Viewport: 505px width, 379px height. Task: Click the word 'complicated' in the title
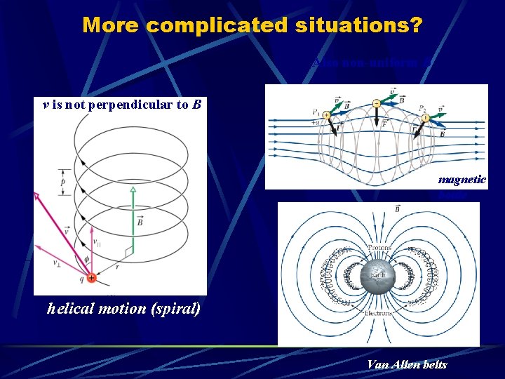click(x=215, y=25)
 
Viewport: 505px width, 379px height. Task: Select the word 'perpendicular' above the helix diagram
click(x=123, y=105)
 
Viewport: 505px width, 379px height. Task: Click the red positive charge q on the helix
click(x=92, y=278)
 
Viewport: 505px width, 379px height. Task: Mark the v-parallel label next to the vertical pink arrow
click(x=97, y=241)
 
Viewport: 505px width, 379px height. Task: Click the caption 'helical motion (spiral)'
click(x=123, y=308)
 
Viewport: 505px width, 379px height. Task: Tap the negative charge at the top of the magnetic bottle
click(x=377, y=103)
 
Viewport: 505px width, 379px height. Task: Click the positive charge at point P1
click(x=327, y=116)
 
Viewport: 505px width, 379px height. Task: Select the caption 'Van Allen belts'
click(x=407, y=364)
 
